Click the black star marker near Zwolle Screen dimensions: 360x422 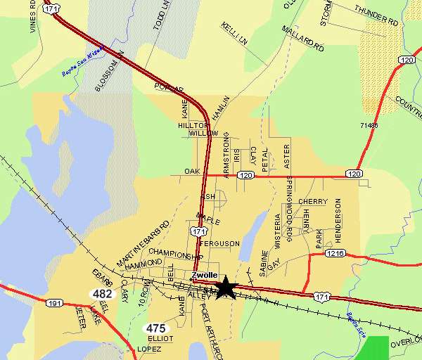pyautogui.click(x=225, y=287)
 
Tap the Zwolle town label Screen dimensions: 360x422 pyautogui.click(x=205, y=275)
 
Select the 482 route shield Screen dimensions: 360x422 pyautogui.click(x=102, y=293)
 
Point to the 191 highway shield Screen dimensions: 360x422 pyautogui.click(x=55, y=303)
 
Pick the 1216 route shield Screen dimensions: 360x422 pyautogui.click(x=335, y=253)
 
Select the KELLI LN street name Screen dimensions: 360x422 pyautogui.click(x=235, y=34)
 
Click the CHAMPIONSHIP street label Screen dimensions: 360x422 pyautogui.click(x=176, y=255)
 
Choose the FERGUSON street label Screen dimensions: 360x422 pyautogui.click(x=220, y=243)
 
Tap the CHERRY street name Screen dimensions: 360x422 pyautogui.click(x=313, y=202)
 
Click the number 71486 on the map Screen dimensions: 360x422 pyautogui.click(x=368, y=126)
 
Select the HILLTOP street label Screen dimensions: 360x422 pyautogui.click(x=193, y=124)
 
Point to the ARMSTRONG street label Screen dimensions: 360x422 pyautogui.click(x=226, y=154)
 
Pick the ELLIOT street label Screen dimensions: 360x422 pyautogui.click(x=160, y=338)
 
